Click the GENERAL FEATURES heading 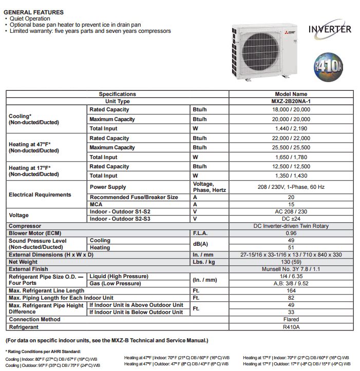[x=33, y=12]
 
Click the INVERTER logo [x=330, y=29]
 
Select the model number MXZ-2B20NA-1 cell [x=291, y=102]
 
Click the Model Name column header [x=291, y=94]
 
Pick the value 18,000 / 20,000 [x=291, y=110]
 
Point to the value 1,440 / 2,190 [x=291, y=129]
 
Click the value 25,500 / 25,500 [x=291, y=148]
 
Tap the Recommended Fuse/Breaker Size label [x=134, y=197]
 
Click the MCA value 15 [x=291, y=204]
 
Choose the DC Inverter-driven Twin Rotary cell [x=291, y=226]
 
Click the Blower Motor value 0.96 [x=291, y=233]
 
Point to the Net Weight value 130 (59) [x=291, y=262]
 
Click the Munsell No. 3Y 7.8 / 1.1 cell [x=291, y=269]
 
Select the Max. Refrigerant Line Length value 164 [x=291, y=291]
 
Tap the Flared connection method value [x=291, y=319]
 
